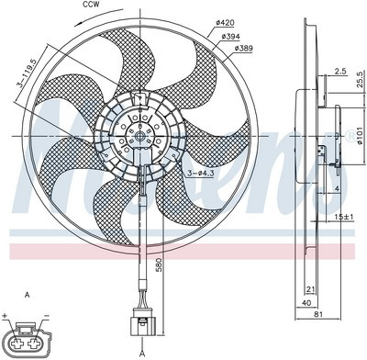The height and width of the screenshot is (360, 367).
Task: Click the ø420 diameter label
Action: (225, 22)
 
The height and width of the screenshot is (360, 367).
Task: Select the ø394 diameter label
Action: (231, 37)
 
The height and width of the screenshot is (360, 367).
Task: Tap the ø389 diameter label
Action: (244, 48)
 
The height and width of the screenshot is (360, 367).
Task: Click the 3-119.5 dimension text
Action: (27, 73)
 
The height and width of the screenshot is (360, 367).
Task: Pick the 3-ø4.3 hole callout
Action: (201, 173)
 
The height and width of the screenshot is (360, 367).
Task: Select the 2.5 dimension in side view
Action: (340, 72)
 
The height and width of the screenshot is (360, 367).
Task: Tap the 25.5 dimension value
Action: (361, 79)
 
